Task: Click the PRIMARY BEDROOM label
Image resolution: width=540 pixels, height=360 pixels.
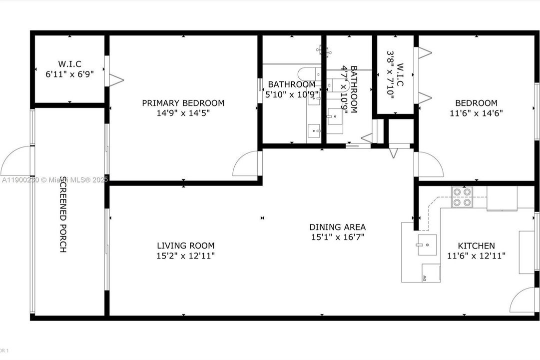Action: (x=183, y=103)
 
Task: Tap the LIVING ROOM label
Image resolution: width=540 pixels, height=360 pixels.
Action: (x=185, y=245)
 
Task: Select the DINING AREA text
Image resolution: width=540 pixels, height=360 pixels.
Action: (x=337, y=227)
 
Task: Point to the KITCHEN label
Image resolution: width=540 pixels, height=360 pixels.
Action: (x=476, y=245)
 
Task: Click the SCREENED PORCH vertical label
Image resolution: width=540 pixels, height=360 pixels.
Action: (x=63, y=213)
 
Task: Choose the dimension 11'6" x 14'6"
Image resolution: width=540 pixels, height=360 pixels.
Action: (x=476, y=113)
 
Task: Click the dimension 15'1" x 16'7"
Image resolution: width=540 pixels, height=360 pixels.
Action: (x=337, y=237)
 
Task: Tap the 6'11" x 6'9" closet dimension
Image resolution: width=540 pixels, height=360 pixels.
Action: (x=69, y=73)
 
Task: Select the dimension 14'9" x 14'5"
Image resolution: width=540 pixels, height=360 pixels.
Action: (x=183, y=113)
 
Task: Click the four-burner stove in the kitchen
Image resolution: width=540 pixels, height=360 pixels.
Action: (x=462, y=197)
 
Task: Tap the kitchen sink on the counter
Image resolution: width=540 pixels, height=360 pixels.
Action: (x=427, y=244)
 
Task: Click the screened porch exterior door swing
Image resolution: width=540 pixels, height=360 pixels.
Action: (x=16, y=161)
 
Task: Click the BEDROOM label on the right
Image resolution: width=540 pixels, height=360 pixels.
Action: (x=476, y=103)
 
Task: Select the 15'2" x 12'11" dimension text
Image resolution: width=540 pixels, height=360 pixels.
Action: (x=185, y=255)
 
